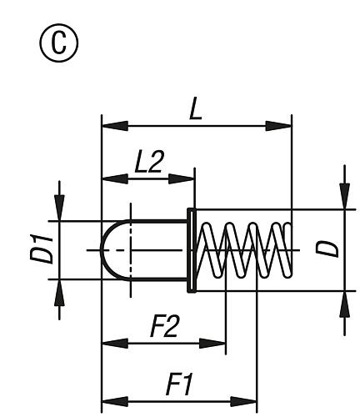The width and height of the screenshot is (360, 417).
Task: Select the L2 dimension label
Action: [x=148, y=163]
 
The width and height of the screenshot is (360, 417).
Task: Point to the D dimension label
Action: [x=331, y=249]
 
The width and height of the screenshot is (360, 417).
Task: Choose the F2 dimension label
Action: [x=162, y=327]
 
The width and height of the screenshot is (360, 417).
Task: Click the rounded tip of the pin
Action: [x=108, y=249]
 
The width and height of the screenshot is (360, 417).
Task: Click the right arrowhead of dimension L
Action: [x=283, y=127]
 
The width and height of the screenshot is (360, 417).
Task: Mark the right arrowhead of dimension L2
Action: [x=186, y=178]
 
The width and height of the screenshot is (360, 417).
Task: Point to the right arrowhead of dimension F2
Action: [x=217, y=342]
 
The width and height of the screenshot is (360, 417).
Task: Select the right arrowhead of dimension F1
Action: [x=248, y=400]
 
